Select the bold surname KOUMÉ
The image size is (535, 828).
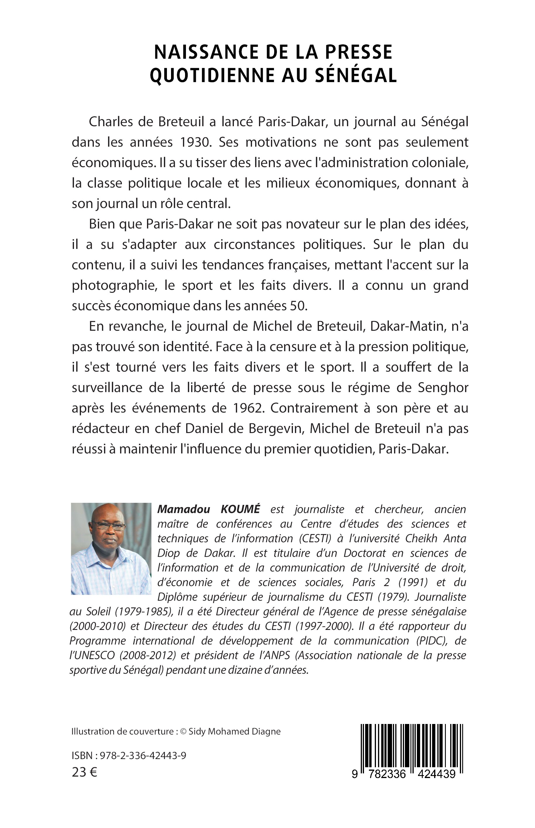(240, 509)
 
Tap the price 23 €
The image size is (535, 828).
(84, 772)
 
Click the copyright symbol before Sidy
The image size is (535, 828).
(183, 732)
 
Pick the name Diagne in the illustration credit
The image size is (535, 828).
(265, 732)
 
